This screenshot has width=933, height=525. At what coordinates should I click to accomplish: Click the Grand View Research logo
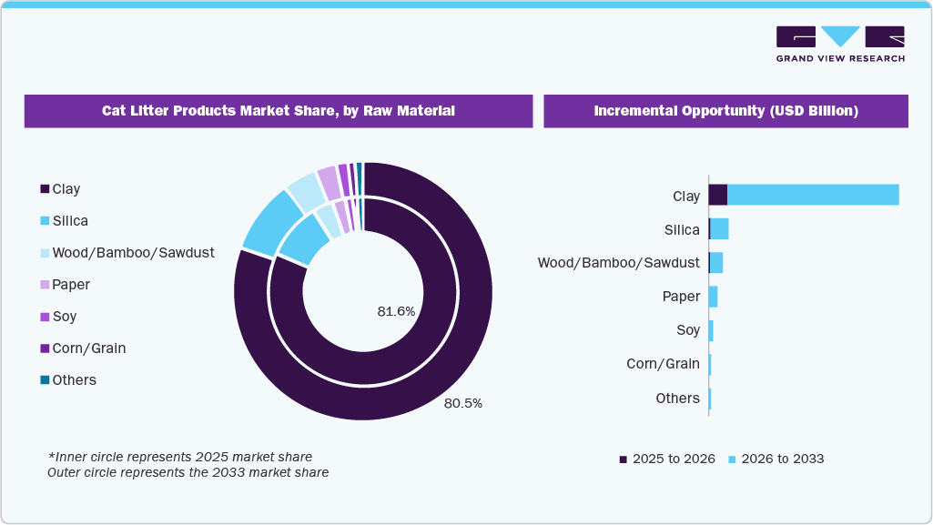point(840,44)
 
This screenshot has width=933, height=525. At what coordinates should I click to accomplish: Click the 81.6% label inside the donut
point(396,311)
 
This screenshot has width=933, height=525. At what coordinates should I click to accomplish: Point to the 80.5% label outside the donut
point(463,403)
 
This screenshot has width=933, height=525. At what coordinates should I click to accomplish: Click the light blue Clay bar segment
point(812,195)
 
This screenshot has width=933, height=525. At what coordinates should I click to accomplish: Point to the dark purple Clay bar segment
point(717,195)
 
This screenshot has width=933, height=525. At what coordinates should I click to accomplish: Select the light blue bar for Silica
point(719,229)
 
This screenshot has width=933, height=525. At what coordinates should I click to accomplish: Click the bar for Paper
point(713,297)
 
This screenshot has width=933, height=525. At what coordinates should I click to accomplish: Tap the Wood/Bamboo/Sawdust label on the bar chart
point(618,263)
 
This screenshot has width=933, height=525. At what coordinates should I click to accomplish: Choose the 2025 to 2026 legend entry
point(667,459)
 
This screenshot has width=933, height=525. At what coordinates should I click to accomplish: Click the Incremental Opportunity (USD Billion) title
point(725,111)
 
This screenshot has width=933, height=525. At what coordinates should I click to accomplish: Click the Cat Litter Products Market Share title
point(278,111)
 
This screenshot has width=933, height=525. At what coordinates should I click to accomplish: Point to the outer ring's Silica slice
point(271,224)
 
